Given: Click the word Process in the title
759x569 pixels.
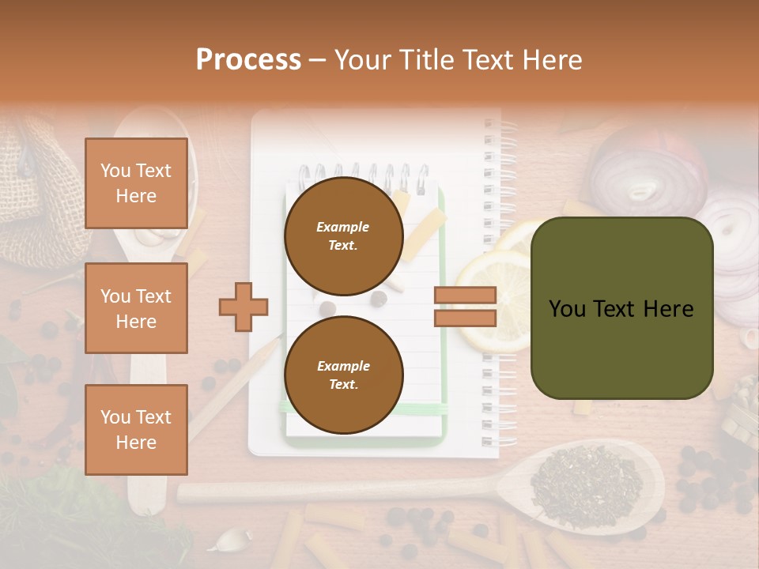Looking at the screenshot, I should click(248, 60).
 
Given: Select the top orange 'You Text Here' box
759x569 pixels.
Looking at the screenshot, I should click(136, 183).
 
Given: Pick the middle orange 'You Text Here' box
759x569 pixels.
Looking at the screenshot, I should click(136, 308).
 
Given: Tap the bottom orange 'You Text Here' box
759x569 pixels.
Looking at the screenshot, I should click(136, 429).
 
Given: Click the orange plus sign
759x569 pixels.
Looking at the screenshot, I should click(244, 306).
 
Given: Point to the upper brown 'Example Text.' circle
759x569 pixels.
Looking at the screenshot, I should click(343, 236).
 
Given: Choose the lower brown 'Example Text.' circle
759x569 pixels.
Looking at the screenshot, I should click(343, 375).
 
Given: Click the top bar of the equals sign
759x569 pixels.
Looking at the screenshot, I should click(465, 295).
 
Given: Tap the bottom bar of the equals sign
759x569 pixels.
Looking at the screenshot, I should click(465, 318).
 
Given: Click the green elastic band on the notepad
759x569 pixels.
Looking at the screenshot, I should click(364, 409).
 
